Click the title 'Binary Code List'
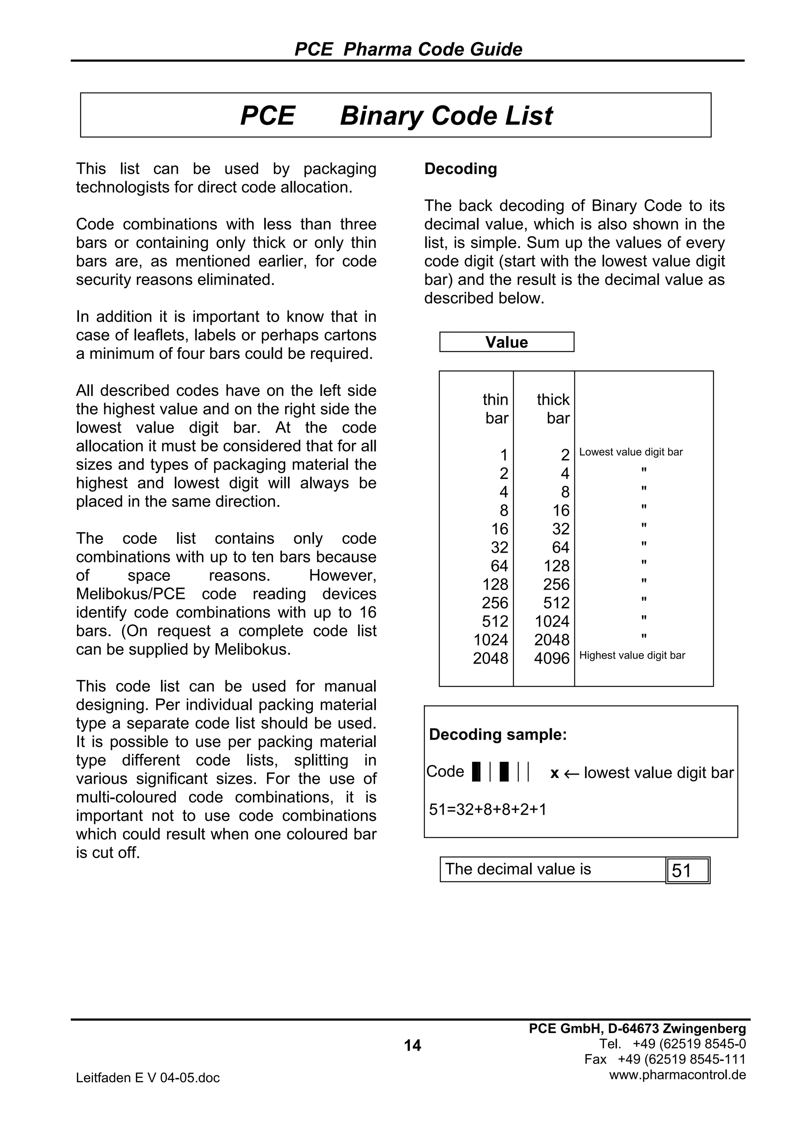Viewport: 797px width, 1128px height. pos(446,116)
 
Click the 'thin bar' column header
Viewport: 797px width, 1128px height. pos(495,409)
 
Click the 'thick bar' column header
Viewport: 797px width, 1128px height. pos(553,409)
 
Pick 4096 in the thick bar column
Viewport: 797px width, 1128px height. pos(551,658)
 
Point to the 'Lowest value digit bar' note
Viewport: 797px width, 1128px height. pos(630,452)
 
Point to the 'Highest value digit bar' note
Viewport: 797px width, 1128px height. pos(632,655)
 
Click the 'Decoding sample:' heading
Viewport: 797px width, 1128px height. pos(497,734)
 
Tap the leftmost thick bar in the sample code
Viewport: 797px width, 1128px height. pos(475,771)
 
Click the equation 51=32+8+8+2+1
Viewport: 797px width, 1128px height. pos(487,809)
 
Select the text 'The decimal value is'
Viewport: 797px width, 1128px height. pos(518,869)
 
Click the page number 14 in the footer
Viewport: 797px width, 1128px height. pos(412,1045)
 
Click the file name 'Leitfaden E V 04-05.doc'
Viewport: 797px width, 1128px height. pos(147,1078)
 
